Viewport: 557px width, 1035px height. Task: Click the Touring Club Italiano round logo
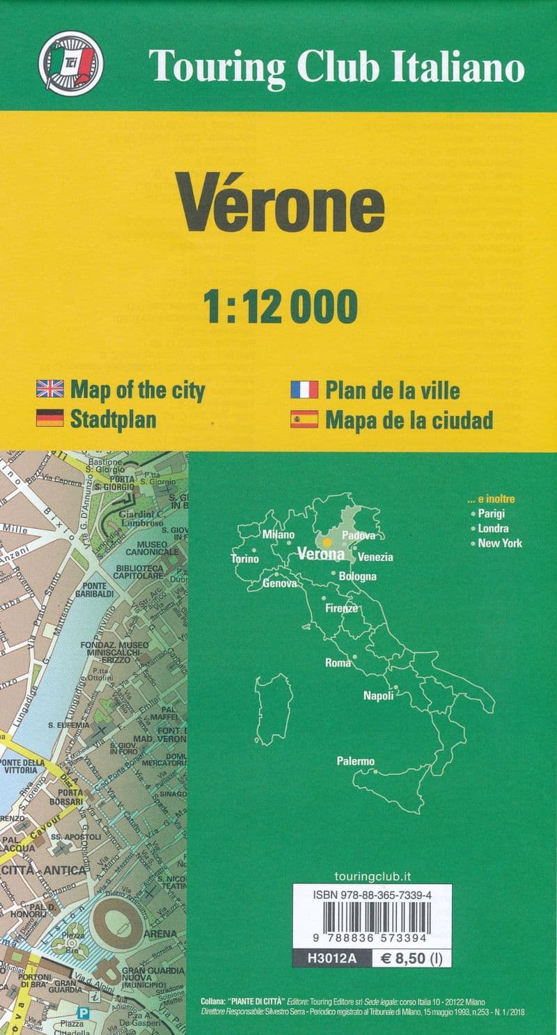tap(70, 63)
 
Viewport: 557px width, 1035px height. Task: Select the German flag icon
tap(49, 418)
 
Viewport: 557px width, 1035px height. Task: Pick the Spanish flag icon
tap(304, 419)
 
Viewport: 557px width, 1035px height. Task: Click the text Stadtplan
tap(113, 419)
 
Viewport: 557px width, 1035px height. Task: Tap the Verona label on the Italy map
tap(320, 555)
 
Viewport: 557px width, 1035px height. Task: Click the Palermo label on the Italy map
tap(356, 761)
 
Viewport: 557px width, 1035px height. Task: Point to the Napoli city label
tap(379, 695)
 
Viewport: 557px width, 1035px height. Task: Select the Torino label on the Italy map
tap(244, 558)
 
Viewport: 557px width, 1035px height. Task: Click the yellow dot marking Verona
tap(327, 542)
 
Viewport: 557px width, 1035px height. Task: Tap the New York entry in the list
tap(500, 543)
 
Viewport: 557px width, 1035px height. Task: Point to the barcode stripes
tap(372, 912)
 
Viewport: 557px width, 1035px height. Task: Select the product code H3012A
tap(331, 958)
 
